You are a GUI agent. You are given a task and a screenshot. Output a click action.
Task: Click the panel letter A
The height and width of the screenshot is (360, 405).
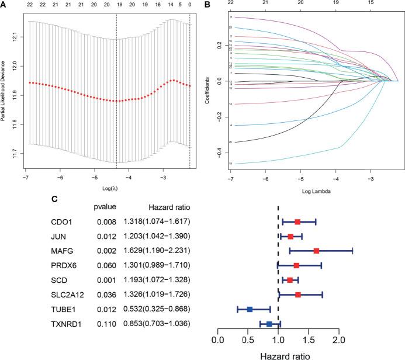point(4,5)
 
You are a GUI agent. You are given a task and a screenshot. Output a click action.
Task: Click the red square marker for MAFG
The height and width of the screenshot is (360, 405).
point(316,250)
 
